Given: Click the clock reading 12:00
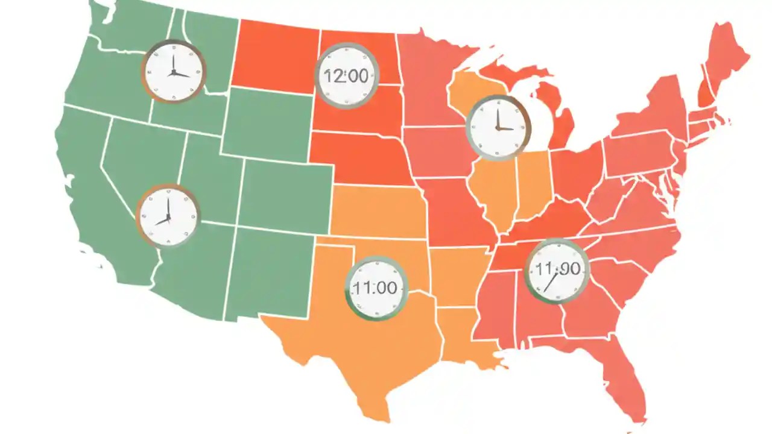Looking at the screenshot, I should (347, 75).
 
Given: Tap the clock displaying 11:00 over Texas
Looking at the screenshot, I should (376, 288).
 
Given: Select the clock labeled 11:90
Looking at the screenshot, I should (556, 271).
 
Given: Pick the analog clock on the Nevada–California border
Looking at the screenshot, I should (167, 216).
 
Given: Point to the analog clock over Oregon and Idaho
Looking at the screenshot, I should (174, 71).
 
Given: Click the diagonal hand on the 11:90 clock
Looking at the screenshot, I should (549, 282).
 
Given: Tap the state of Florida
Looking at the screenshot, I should (621, 380).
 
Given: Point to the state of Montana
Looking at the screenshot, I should (274, 54).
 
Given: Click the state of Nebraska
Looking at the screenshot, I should (359, 158).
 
